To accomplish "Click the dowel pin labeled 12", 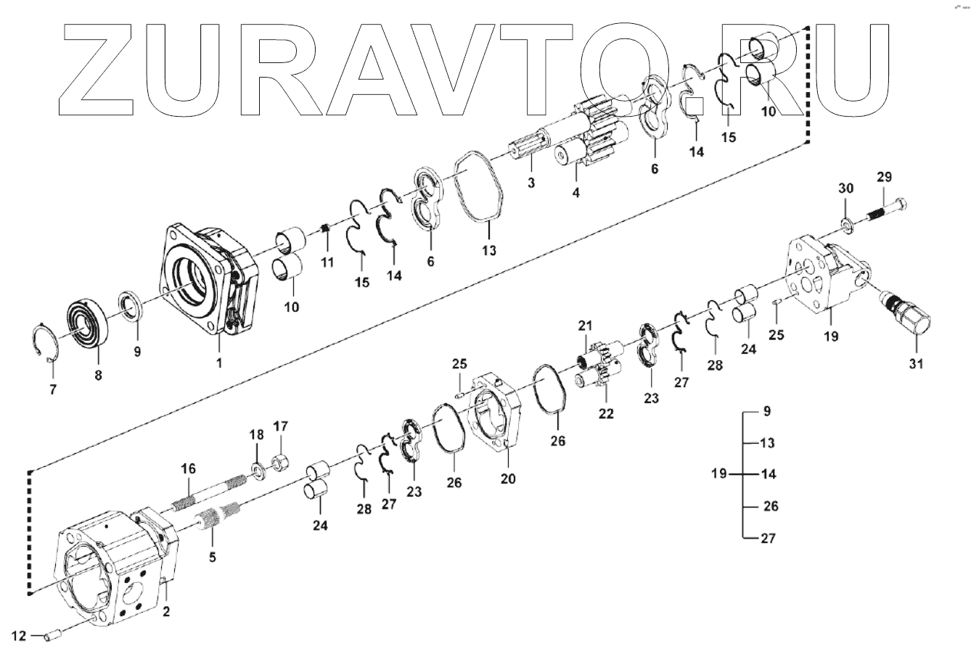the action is (x=52, y=636).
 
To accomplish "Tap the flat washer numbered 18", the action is (x=258, y=471).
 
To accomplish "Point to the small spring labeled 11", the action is (x=326, y=230).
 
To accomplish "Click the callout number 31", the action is (x=917, y=363).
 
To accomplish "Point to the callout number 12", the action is (x=19, y=636).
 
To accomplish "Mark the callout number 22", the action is (x=606, y=414).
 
